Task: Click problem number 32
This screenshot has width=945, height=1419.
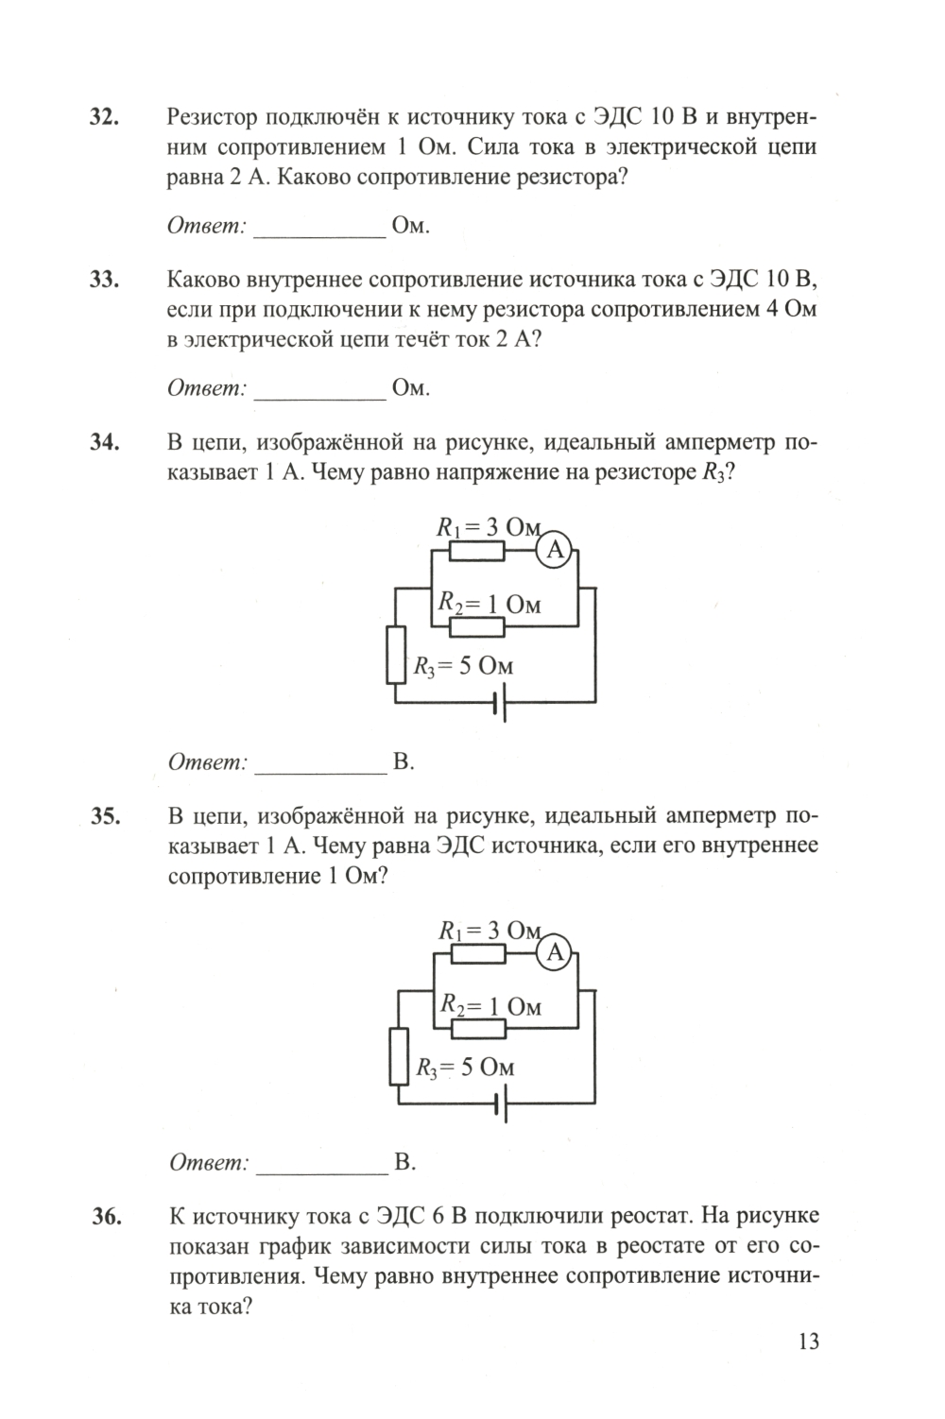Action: coord(102,117)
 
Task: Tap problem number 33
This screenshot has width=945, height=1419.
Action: coord(102,280)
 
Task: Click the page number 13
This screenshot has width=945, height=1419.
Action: coord(807,1342)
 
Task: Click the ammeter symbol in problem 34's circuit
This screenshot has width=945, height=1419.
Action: coord(555,550)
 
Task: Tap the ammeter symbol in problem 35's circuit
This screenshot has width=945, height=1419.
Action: coord(555,952)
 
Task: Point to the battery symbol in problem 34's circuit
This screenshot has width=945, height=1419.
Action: coord(499,702)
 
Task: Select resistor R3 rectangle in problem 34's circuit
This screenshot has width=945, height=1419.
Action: coord(396,655)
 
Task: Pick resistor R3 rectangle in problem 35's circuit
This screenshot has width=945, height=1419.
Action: coord(399,1057)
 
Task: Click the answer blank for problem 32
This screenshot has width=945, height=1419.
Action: coord(320,228)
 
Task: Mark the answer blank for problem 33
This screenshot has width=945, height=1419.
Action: coord(320,389)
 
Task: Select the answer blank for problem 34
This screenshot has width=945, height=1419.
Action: coord(321,763)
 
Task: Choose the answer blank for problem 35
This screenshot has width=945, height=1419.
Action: coord(322,1164)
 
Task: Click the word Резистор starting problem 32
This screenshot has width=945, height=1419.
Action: coord(213,117)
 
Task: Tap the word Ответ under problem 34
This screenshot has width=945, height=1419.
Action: coord(207,761)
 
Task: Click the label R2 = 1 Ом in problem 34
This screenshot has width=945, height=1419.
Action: coord(489,604)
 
